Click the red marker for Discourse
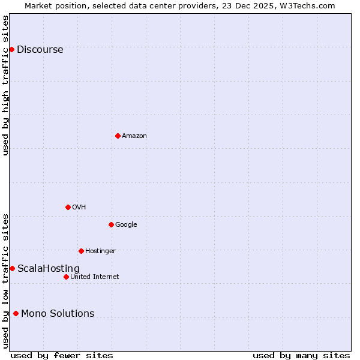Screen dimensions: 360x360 point(11,49)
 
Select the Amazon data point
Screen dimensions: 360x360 point(118,136)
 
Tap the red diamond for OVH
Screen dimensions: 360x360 point(68,207)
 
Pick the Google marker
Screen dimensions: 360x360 point(111,224)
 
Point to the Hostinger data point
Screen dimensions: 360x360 point(81,251)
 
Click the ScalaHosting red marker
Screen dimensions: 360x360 point(12,268)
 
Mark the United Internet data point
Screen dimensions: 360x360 point(66,277)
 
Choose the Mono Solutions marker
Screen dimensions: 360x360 point(16,313)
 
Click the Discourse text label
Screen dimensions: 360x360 point(40,50)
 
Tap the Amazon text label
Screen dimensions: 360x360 point(134,136)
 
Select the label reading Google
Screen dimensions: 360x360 point(126,225)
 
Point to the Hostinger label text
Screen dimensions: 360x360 point(100,251)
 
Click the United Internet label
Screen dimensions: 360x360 point(95,277)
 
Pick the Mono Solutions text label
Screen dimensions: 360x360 point(58,314)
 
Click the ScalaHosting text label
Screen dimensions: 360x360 point(49,269)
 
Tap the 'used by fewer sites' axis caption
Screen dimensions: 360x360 point(62,355)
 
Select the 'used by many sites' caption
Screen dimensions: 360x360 point(301,355)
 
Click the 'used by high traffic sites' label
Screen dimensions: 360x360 point(5,85)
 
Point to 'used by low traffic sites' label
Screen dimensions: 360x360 point(5,280)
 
